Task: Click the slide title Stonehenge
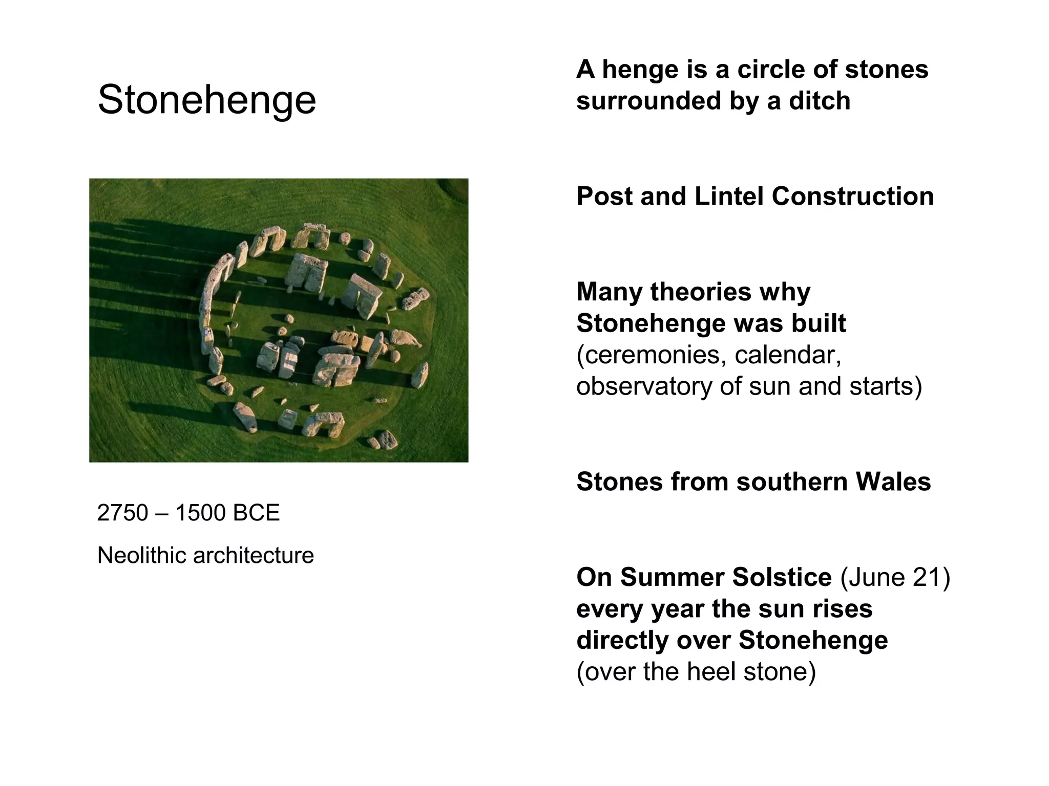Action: [206, 100]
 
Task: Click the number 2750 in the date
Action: [122, 513]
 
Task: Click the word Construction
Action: [852, 196]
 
